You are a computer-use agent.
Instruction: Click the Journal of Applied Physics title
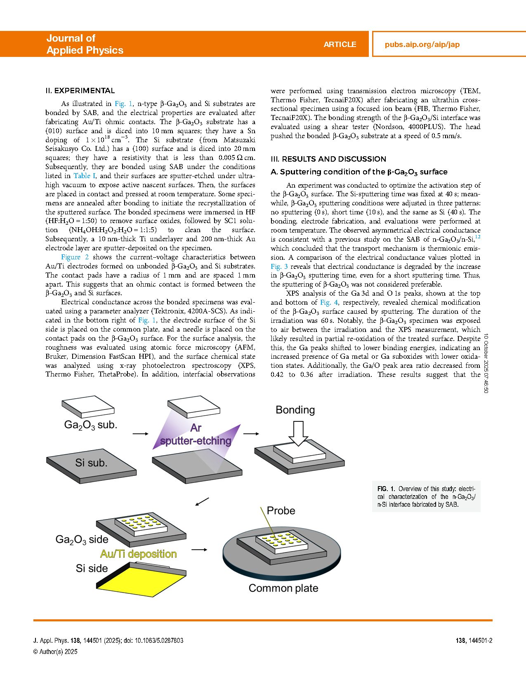(85, 44)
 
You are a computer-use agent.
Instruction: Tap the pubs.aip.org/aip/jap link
(422, 45)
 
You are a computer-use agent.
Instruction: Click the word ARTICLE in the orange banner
(340, 45)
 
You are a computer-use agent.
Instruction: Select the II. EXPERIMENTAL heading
(80, 91)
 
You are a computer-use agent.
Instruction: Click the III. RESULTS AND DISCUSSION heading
(328, 159)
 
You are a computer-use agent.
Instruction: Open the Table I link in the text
(85, 176)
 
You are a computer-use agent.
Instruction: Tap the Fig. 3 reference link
(279, 266)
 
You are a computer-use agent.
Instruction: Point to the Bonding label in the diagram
(295, 410)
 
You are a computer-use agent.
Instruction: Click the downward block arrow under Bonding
(298, 433)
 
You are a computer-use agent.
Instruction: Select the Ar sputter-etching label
(196, 435)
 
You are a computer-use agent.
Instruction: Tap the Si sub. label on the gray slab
(91, 463)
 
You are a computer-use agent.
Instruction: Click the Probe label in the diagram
(281, 510)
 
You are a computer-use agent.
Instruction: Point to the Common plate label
(283, 588)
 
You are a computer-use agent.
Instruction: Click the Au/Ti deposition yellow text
(138, 554)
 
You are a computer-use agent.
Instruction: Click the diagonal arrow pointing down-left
(202, 501)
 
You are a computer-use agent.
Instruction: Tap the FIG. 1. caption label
(386, 489)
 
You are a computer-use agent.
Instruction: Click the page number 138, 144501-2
(474, 640)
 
